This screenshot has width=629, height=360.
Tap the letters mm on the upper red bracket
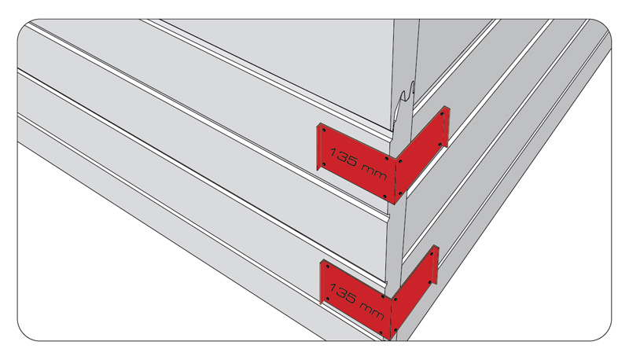(x=374, y=173)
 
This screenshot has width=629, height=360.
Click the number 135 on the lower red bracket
(x=343, y=294)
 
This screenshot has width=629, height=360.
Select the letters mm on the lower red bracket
(x=372, y=310)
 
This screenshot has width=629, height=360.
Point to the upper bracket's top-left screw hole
(x=324, y=130)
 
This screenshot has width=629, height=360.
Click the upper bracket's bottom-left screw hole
(x=324, y=163)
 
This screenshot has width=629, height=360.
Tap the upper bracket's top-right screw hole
(x=442, y=114)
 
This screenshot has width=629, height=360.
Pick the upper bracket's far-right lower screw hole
(x=440, y=145)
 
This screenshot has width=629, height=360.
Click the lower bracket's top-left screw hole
(x=327, y=266)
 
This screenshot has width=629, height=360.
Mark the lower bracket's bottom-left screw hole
(x=327, y=299)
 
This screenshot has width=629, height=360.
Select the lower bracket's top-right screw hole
(x=432, y=253)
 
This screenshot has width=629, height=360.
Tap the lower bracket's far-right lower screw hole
(x=430, y=282)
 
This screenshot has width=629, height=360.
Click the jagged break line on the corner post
(x=403, y=108)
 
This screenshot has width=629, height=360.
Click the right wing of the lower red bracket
(x=414, y=292)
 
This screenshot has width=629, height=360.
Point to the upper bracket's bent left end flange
(x=318, y=147)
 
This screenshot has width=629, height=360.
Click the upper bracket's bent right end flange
(x=447, y=126)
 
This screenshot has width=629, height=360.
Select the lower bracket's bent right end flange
(x=436, y=265)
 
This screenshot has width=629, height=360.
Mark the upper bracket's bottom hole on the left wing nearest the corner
(x=384, y=197)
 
